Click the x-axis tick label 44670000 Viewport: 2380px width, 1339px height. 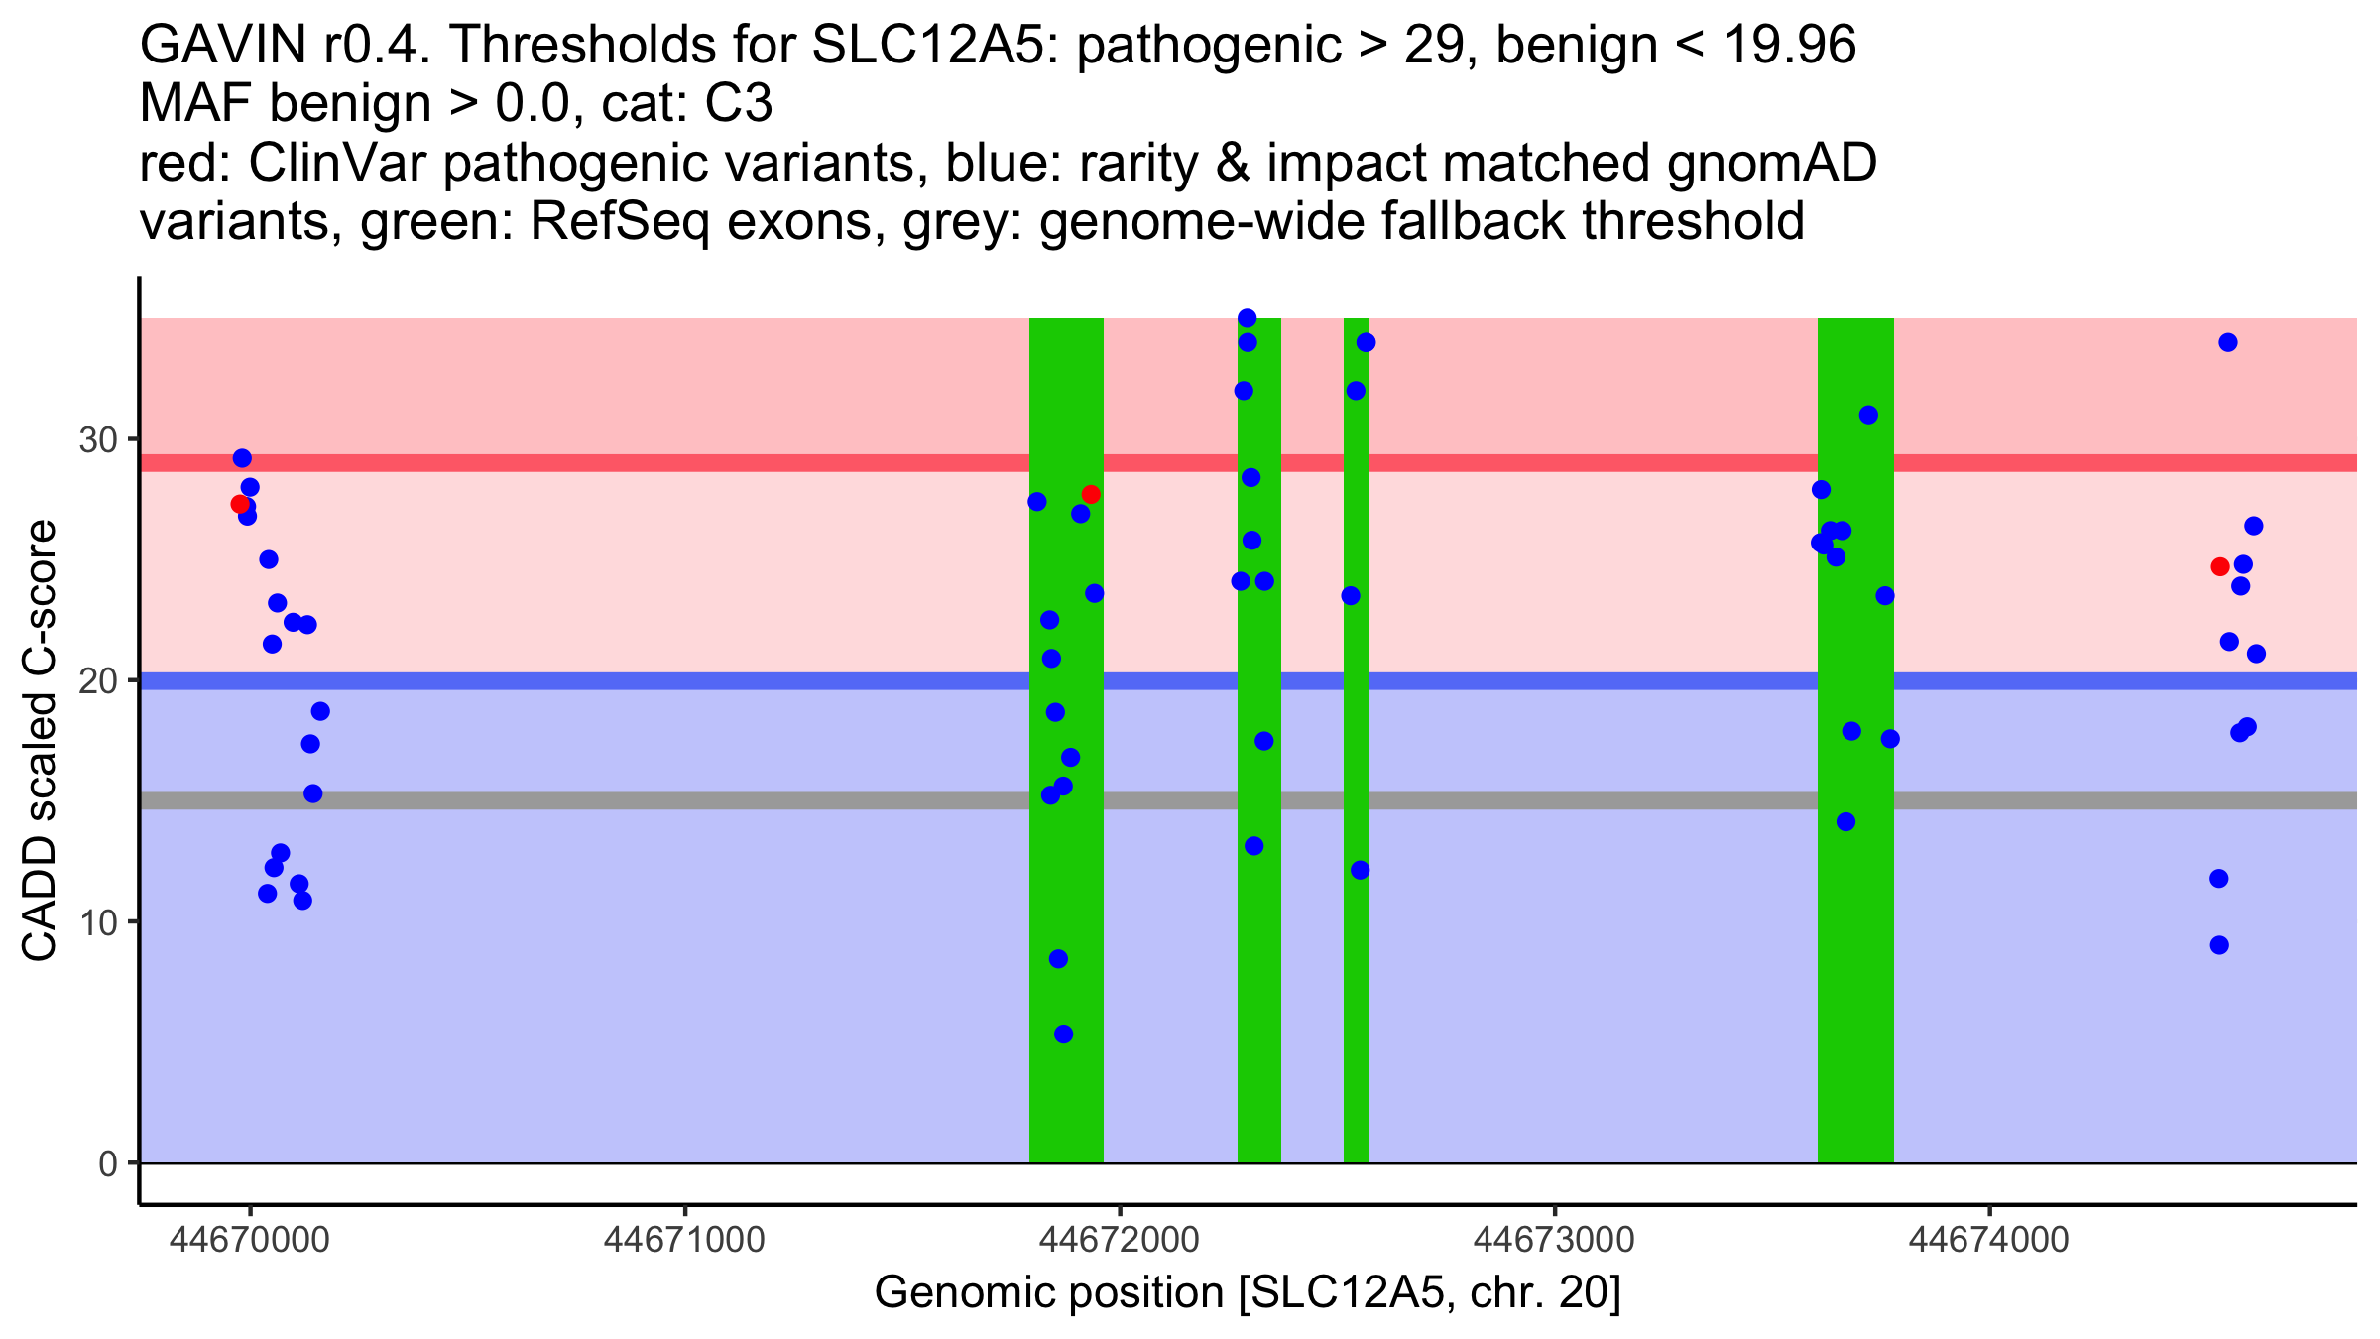coord(249,1239)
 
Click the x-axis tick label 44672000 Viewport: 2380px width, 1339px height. coord(1120,1239)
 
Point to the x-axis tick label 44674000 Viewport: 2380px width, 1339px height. coord(1988,1239)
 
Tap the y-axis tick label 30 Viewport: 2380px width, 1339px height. coord(98,439)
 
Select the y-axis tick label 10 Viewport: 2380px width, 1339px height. coord(98,922)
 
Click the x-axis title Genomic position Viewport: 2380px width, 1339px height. coord(1248,1293)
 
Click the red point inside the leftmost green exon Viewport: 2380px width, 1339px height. coord(1091,494)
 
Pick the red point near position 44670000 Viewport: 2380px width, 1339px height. coord(240,504)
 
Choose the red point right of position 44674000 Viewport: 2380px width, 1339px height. coord(2220,566)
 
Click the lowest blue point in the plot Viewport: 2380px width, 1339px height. coord(1063,1034)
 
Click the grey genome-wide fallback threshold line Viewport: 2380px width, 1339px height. coord(694,800)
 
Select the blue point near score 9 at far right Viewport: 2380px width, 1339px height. coord(2219,945)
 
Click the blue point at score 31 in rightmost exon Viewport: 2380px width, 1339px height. coord(1868,415)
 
